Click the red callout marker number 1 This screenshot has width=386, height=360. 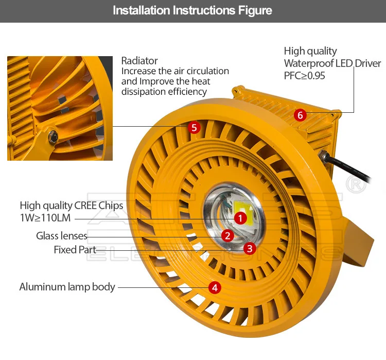[x=240, y=218]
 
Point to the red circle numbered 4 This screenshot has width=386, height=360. [x=215, y=287]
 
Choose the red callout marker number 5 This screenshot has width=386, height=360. [x=194, y=127]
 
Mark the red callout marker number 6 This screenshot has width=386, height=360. [x=301, y=115]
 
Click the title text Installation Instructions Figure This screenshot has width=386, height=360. [x=192, y=10]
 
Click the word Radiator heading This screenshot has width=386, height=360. [x=139, y=61]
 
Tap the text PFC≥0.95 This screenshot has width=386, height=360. [x=305, y=75]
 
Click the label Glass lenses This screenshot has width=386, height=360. [x=62, y=236]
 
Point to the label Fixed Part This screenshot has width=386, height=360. [x=75, y=250]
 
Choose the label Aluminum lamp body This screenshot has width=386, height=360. [x=67, y=287]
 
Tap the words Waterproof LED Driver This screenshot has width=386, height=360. [x=332, y=63]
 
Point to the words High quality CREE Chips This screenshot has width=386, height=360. [x=72, y=205]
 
